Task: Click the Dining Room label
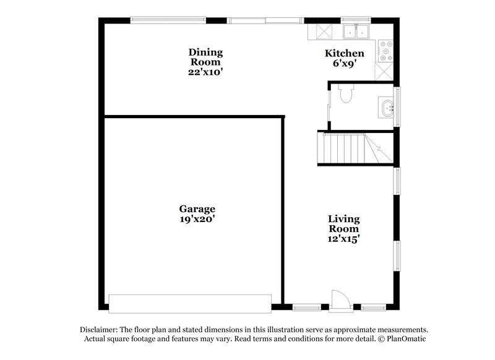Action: pos(205,57)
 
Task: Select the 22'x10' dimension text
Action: pos(205,72)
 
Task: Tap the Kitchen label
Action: pos(345,53)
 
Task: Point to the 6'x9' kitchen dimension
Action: pos(345,63)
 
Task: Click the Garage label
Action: pos(197,209)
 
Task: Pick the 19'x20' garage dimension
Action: pos(197,219)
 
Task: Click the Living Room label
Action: pos(344,224)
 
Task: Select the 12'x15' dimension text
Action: pos(344,239)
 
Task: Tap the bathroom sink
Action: pos(389,108)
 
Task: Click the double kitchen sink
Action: pos(356,32)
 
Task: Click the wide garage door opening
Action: pos(190,303)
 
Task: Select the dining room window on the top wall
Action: pos(168,20)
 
